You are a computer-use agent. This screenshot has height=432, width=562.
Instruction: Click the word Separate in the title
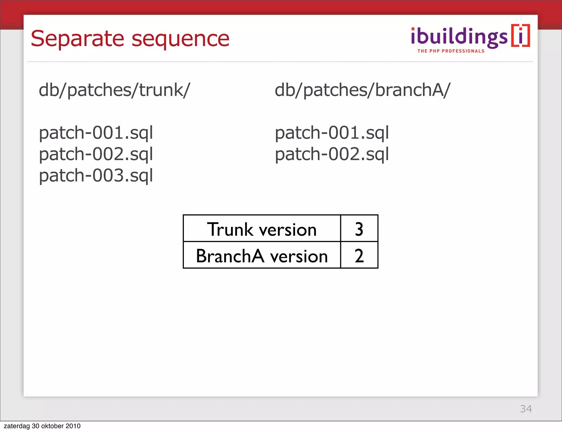pos(77,39)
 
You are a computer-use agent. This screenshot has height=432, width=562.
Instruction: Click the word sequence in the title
pos(180,39)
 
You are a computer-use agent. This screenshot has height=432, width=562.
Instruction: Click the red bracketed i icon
pos(521,36)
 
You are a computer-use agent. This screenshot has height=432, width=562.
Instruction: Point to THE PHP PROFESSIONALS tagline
pos(451,51)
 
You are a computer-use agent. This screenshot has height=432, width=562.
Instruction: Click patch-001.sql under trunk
pos(96,133)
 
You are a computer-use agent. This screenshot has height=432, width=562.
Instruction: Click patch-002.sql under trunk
pos(96,154)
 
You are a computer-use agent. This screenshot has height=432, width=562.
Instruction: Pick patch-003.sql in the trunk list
pos(96,176)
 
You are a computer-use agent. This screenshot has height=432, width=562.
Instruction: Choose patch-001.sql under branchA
pos(332,133)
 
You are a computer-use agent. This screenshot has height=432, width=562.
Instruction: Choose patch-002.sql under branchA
pos(332,154)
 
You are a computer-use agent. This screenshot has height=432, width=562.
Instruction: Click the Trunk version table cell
pos(262,229)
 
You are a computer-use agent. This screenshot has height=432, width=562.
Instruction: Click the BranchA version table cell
pos(262,255)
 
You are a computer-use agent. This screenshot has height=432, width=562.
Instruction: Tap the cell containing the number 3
pos(359,229)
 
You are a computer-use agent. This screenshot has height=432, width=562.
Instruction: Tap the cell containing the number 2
pos(359,255)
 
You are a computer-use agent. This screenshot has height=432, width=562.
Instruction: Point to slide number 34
pos(526,409)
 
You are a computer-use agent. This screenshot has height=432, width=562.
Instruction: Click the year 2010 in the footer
pos(73,426)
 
